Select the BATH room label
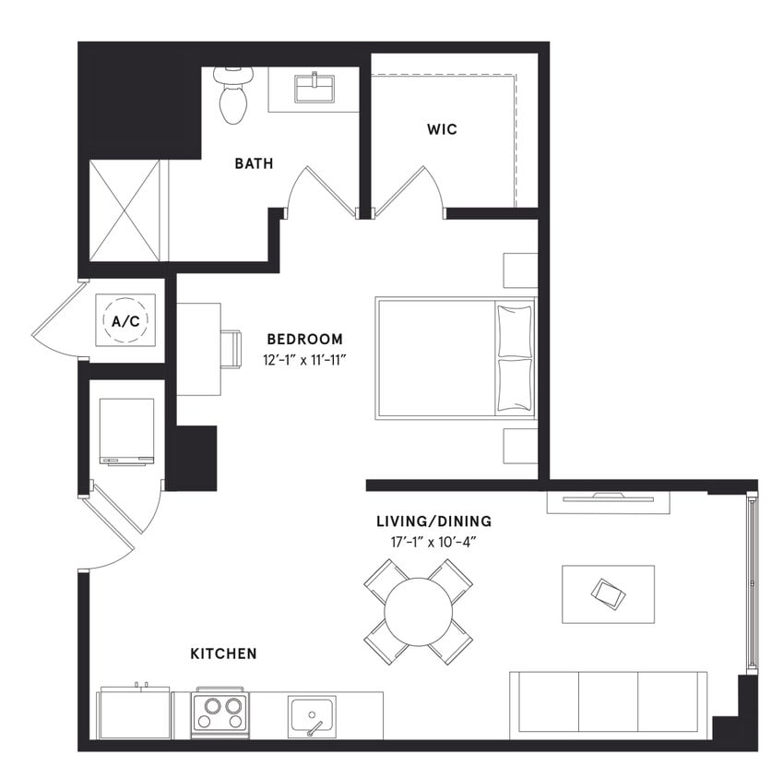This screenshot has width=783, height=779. (x=254, y=164)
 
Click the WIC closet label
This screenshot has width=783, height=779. (x=442, y=129)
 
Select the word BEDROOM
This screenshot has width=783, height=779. (x=304, y=339)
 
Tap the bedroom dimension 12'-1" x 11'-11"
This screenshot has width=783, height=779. (x=304, y=359)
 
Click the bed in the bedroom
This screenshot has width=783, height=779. (x=455, y=358)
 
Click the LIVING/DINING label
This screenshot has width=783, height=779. (x=433, y=521)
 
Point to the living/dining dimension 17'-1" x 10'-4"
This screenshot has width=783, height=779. (x=433, y=541)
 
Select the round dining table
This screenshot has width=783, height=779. (x=419, y=611)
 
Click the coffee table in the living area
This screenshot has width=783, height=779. (x=608, y=593)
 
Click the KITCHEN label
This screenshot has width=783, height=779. (x=223, y=653)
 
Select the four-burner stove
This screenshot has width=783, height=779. (x=219, y=713)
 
